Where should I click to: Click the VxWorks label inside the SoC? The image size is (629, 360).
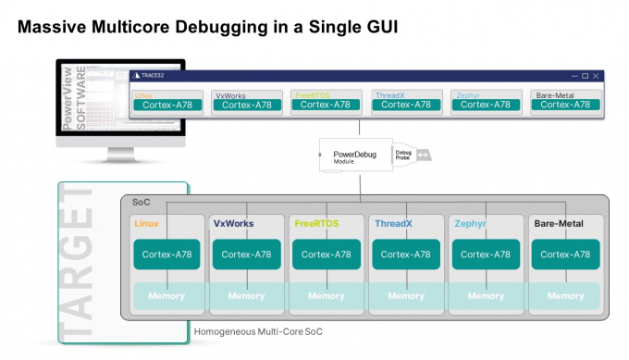coord(234,224)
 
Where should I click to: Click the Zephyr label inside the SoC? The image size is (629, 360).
coord(470,224)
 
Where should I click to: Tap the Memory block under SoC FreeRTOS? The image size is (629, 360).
coord(326,296)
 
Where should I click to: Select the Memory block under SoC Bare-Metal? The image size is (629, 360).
coord(565,296)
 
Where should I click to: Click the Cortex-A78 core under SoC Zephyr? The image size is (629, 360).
coord(486,254)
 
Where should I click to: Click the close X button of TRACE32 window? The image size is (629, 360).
coord(598,75)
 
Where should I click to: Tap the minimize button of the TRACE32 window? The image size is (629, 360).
coord(572,75)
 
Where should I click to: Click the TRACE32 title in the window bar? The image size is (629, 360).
coord(153,75)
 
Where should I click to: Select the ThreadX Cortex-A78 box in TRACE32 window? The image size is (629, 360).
coord(405,105)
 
